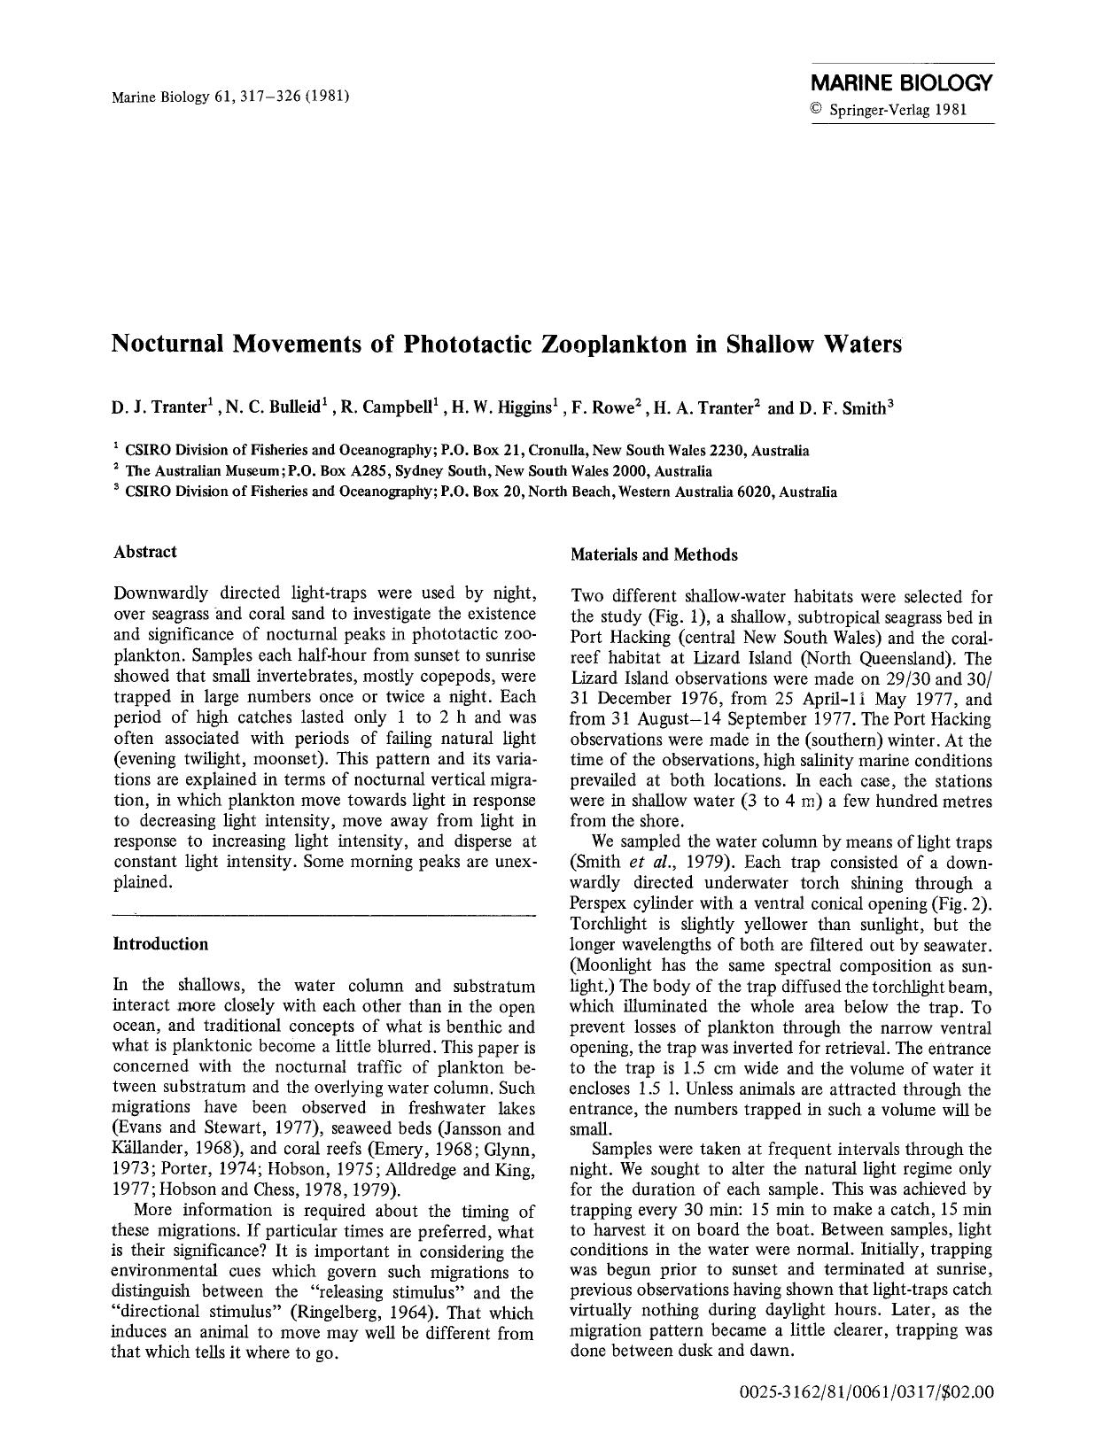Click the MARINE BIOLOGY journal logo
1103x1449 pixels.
pyautogui.click(x=902, y=84)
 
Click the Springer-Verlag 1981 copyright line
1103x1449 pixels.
pyautogui.click(x=888, y=111)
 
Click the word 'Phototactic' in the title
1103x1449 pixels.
pyautogui.click(x=470, y=344)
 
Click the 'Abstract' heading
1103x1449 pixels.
pyautogui.click(x=145, y=552)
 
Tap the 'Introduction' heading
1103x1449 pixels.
pyautogui.click(x=160, y=944)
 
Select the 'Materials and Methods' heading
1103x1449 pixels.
pyautogui.click(x=654, y=555)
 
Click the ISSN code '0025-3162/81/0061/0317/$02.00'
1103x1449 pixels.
pyautogui.click(x=866, y=1392)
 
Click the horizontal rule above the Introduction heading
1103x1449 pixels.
pyautogui.click(x=325, y=914)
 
